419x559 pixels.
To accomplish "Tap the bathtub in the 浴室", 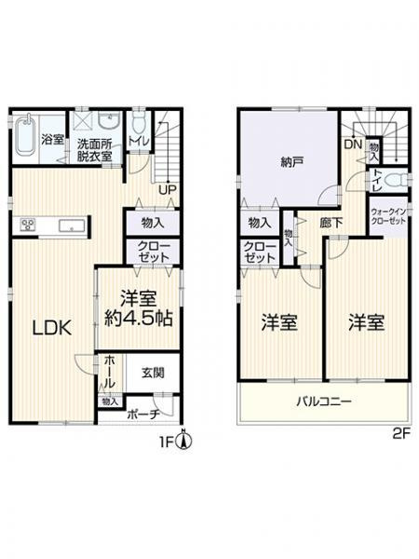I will [25, 140].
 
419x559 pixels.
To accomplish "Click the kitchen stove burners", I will [26, 225].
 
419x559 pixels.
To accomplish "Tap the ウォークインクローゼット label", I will [389, 217].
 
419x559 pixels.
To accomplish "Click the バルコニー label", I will [324, 403].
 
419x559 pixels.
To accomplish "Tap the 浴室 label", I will [53, 140].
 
